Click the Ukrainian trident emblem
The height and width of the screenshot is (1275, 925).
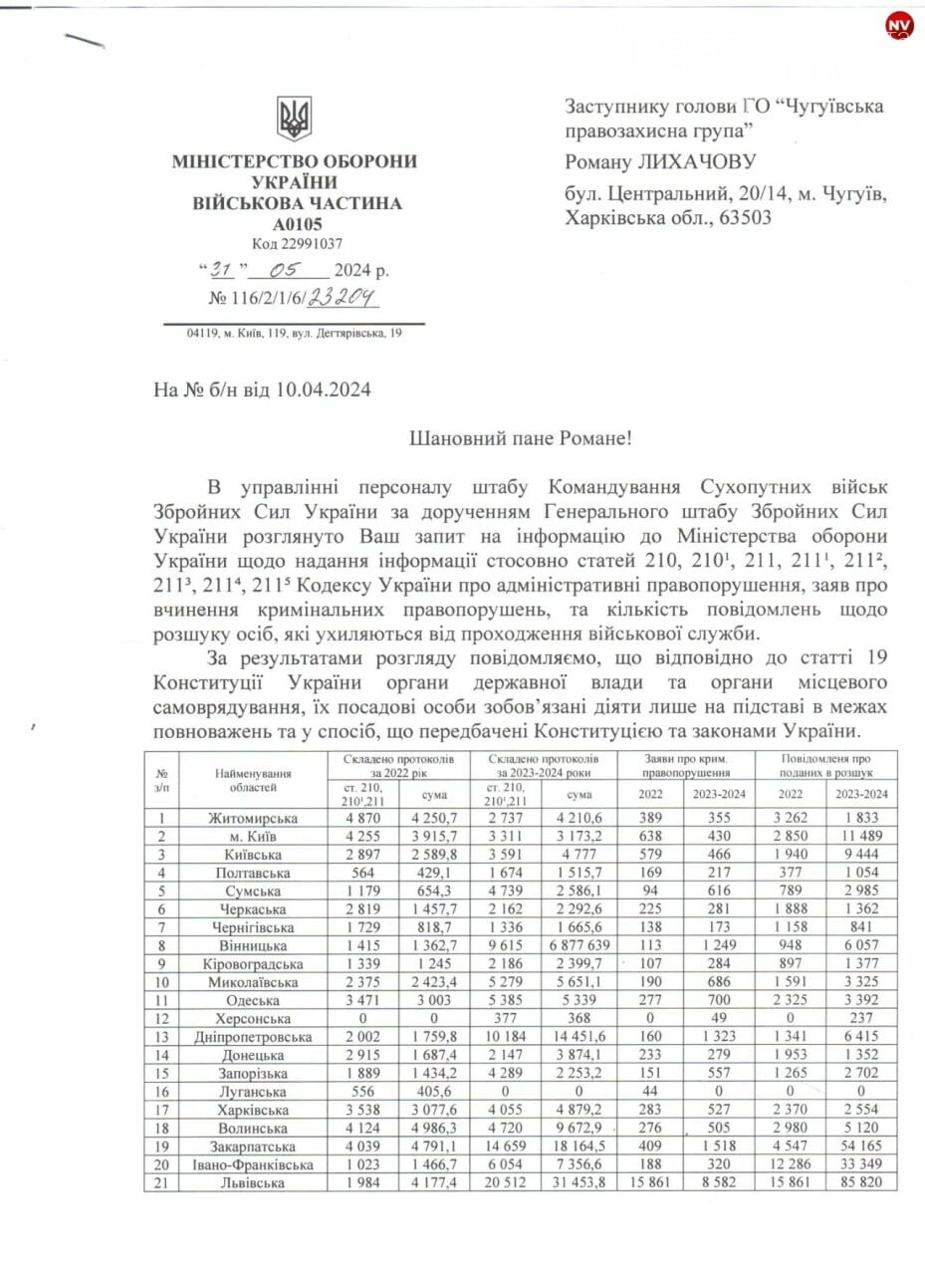point(295,119)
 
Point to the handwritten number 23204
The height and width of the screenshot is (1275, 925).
point(343,296)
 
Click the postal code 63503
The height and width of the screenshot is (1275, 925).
point(738,218)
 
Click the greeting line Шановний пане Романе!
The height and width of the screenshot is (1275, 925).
point(521,438)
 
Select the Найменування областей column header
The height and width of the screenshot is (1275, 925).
point(253,780)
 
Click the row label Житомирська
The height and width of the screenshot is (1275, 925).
point(253,818)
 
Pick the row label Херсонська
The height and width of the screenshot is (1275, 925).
point(253,1019)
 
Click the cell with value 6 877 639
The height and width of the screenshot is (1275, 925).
point(578,945)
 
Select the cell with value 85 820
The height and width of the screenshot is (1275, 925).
point(861,1182)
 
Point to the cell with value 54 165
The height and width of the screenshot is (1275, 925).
point(861,1147)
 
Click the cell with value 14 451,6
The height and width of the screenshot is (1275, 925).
point(578,1037)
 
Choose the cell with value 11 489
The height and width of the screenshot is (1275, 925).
point(861,836)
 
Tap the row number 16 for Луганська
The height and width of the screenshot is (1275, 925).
point(161,1092)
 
